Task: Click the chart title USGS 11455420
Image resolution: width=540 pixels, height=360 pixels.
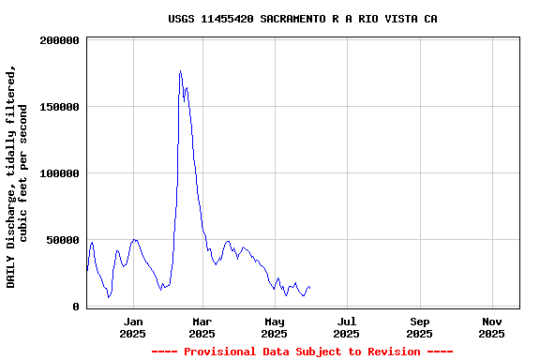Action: (302, 19)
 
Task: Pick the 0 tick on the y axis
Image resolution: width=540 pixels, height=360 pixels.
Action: (76, 307)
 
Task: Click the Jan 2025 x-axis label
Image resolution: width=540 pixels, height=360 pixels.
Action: (132, 327)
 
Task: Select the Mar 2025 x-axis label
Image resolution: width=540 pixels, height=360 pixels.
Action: (202, 327)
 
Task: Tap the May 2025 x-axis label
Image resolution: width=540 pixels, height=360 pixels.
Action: (274, 327)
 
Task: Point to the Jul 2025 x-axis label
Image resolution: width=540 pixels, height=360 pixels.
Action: (346, 327)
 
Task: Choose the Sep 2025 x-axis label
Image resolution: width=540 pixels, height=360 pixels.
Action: (420, 327)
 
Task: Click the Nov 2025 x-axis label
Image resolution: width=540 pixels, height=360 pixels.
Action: (492, 327)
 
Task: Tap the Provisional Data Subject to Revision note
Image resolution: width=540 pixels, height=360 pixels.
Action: (302, 352)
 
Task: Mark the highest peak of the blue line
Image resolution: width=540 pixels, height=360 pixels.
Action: (180, 70)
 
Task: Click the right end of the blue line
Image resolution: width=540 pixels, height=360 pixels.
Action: (309, 287)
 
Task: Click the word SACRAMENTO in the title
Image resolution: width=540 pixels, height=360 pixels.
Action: (292, 19)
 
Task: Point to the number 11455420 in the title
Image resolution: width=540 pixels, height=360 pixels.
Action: (228, 19)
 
